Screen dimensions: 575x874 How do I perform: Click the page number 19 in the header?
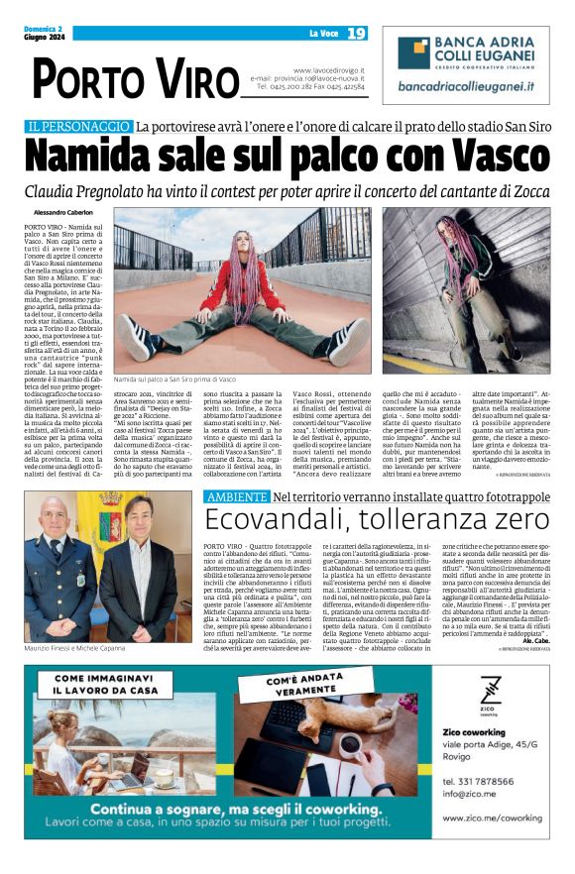coord(356,34)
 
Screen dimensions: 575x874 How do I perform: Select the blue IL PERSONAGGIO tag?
coord(78,127)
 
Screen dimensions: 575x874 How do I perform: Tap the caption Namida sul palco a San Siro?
coord(174,380)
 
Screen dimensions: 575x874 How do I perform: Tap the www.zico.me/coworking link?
coord(492,819)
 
